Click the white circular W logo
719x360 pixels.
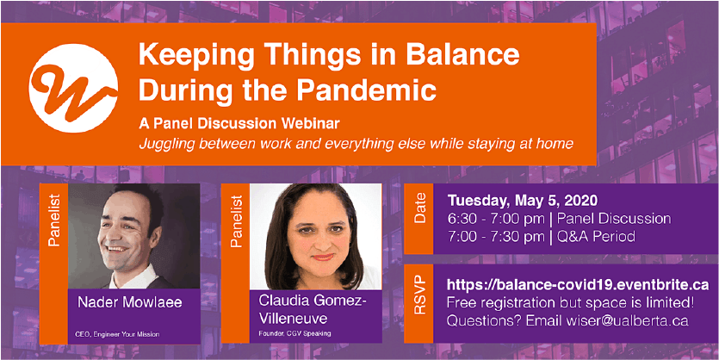coord(73,88)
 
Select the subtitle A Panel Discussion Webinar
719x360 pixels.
coord(242,124)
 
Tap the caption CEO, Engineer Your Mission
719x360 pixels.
coord(117,334)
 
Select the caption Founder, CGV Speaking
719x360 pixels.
coord(294,333)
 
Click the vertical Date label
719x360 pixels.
coord(419,209)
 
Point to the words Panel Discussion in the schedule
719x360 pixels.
coord(614,219)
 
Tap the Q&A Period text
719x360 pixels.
coord(596,237)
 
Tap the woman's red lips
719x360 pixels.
coord(323,258)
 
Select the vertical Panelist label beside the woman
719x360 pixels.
coord(236,221)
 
